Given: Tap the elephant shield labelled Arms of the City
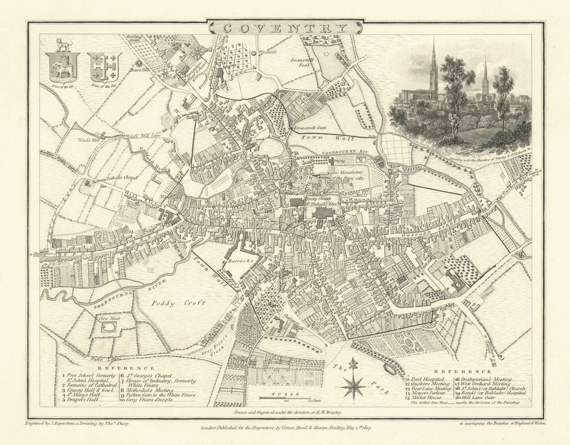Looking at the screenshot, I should [64, 67].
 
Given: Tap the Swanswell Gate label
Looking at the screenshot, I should [308, 129].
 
